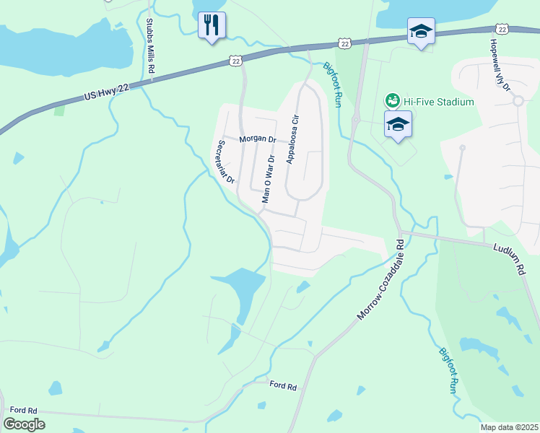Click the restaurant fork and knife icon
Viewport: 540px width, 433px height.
tap(212, 25)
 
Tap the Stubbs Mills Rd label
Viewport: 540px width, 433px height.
tap(151, 47)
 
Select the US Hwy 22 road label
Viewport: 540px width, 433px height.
tap(107, 92)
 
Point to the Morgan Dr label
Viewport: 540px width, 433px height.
tap(258, 139)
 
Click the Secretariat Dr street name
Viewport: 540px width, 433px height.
tap(222, 162)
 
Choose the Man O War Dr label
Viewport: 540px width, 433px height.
tap(268, 179)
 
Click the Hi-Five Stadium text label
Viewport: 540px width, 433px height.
tap(438, 102)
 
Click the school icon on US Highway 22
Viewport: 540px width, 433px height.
tap(421, 31)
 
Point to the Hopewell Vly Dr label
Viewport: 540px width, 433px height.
tap(500, 66)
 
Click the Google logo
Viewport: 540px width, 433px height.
tap(24, 424)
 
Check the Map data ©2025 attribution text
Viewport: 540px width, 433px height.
tap(508, 427)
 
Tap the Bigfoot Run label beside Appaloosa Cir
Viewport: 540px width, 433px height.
tap(331, 85)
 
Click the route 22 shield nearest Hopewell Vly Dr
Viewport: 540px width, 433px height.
tap(502, 28)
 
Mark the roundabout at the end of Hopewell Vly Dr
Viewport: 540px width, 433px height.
tap(518, 101)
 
